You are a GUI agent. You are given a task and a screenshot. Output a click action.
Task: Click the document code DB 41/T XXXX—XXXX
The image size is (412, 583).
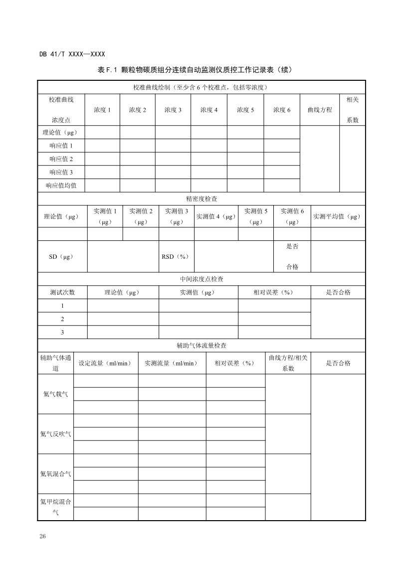pos(72,54)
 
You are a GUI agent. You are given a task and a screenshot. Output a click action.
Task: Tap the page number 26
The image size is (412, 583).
pos(42,536)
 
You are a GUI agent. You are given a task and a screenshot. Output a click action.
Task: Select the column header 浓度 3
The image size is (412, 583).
pos(173,110)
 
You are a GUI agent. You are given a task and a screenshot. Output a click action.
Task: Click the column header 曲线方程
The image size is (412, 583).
pos(320,110)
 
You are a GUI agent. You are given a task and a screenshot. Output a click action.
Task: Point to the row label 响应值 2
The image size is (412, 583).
pos(61,159)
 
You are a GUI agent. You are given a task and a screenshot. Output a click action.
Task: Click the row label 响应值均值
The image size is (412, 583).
pos(61,186)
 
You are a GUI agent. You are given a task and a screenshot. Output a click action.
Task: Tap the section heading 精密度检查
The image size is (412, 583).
pos(202,198)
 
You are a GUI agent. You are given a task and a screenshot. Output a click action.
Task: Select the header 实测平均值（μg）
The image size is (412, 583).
pos(337,216)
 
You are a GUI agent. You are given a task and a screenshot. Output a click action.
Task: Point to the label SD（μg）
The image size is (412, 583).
pos(61,256)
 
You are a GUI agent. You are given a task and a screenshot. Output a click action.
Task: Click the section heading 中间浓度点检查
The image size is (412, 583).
pos(202,279)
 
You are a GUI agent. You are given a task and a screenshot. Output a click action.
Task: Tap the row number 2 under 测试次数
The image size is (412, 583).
pos(62,319)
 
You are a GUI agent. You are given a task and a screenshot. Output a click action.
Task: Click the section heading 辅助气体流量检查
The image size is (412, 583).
pos(202,345)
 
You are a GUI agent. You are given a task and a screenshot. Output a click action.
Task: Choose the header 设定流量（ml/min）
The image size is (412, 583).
pos(105,363)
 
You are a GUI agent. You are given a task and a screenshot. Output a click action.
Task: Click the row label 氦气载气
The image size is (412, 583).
pos(55,394)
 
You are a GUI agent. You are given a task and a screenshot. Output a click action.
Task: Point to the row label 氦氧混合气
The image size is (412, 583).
pos(55,473)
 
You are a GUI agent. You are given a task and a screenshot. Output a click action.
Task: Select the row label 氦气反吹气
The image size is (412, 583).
pos(55,433)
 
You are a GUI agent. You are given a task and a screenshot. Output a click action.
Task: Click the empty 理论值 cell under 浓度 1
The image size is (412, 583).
pos(102,132)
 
